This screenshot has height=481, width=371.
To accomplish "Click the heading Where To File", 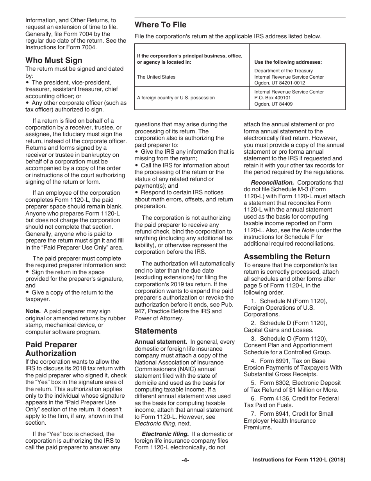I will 161,25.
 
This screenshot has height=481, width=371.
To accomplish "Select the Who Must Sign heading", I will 54,60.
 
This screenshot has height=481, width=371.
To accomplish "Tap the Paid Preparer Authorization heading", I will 51,349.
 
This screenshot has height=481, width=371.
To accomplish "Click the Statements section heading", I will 156,331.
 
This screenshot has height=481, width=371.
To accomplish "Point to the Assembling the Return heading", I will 287,257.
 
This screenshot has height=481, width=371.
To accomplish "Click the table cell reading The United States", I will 156,77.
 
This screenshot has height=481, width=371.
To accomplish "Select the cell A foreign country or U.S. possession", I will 176,98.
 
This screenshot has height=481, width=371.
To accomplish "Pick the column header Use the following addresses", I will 288,62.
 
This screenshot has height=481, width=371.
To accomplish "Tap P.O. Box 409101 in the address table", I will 273,98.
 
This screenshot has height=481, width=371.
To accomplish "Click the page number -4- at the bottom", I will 185,460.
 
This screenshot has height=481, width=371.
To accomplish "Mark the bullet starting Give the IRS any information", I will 184,152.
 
